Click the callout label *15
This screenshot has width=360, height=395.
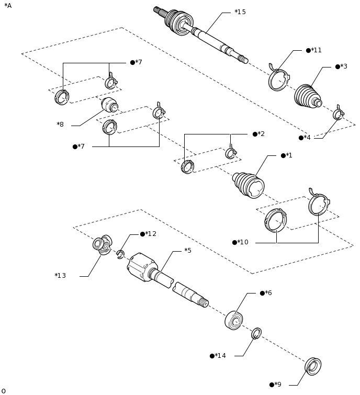pyautogui.click(x=240, y=12)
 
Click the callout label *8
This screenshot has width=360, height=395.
pyautogui.click(x=60, y=125)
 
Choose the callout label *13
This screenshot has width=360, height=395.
pyautogui.click(x=60, y=276)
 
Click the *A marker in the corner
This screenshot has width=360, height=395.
pyautogui.click(x=8, y=6)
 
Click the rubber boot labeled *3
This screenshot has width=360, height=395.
pyautogui.click(x=307, y=96)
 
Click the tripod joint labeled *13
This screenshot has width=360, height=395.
pyautogui.click(x=102, y=244)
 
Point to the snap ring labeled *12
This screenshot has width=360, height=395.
pyautogui.click(x=120, y=254)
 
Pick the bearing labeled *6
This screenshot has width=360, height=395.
pyautogui.click(x=233, y=320)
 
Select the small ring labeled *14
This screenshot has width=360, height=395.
pyautogui.click(x=256, y=333)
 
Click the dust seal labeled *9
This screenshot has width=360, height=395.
pyautogui.click(x=313, y=366)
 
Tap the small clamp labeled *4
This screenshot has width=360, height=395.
pyautogui.click(x=339, y=114)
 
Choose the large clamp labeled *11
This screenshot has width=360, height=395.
pyautogui.click(x=278, y=80)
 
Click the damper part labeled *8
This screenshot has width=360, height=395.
pyautogui.click(x=109, y=105)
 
